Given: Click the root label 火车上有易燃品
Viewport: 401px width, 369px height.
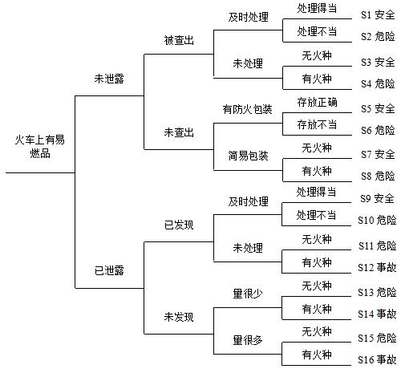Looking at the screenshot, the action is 40,147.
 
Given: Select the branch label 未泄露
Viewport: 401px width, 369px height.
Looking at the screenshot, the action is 109,79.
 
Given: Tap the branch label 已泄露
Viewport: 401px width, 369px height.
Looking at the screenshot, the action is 109,270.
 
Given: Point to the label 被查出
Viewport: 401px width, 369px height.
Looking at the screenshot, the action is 179,40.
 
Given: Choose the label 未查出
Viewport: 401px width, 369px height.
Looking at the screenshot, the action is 179,132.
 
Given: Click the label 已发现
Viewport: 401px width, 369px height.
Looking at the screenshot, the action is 179,225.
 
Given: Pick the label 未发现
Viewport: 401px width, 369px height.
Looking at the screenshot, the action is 179,317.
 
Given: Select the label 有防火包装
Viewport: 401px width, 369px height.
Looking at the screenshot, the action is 248,109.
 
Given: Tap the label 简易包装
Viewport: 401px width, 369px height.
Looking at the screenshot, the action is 248,156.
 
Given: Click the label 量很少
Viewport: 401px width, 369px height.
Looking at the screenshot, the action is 248,294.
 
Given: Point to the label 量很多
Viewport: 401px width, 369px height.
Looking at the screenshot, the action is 248,340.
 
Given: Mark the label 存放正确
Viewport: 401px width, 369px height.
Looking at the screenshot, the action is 317,102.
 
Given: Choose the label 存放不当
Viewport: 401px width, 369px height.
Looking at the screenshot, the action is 317,124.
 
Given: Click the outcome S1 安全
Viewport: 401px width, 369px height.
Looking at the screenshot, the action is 378,14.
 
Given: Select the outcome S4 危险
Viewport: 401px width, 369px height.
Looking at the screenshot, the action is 378,83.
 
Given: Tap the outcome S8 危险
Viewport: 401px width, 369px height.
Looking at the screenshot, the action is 378,176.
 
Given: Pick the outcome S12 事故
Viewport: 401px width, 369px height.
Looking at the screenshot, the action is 377,267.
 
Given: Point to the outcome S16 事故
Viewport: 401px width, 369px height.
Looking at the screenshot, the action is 377,359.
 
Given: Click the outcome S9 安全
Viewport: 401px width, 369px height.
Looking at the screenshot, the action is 377,198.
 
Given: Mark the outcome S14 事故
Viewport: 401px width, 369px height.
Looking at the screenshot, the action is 377,314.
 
